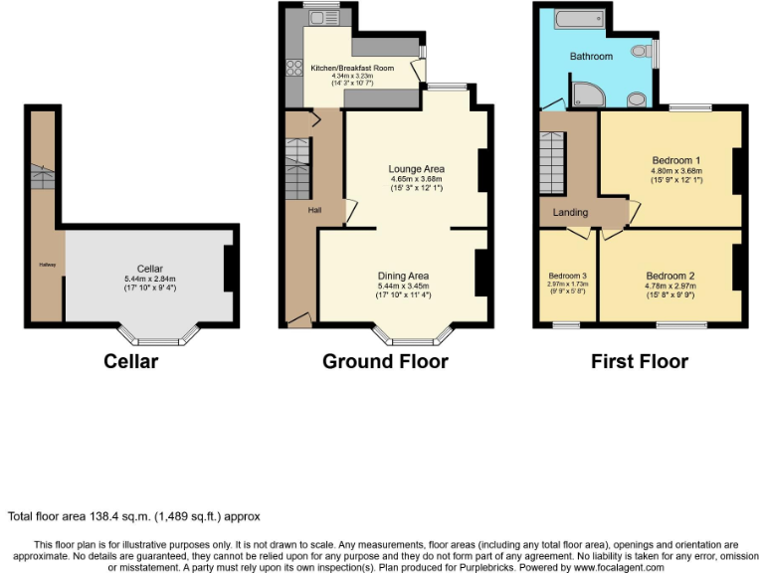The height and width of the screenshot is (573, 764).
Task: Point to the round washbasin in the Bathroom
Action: (x=637, y=97)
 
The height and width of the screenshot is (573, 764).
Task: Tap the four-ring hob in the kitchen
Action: (x=294, y=68)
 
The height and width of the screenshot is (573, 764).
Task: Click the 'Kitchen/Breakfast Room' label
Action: (x=352, y=68)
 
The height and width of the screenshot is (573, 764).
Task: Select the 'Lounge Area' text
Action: (x=416, y=169)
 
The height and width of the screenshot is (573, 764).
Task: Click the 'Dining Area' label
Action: (x=403, y=276)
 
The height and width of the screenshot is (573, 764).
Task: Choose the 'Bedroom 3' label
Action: (x=567, y=276)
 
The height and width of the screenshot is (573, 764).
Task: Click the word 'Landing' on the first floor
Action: (x=570, y=212)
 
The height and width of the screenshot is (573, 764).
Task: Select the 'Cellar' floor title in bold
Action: (x=130, y=361)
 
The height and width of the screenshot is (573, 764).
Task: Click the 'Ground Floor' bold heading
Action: (x=385, y=361)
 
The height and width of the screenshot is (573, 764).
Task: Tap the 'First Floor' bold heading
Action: (x=639, y=361)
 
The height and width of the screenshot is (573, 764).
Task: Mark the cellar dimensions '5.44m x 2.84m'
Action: (x=150, y=279)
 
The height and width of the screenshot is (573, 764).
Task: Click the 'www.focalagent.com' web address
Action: (x=619, y=566)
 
